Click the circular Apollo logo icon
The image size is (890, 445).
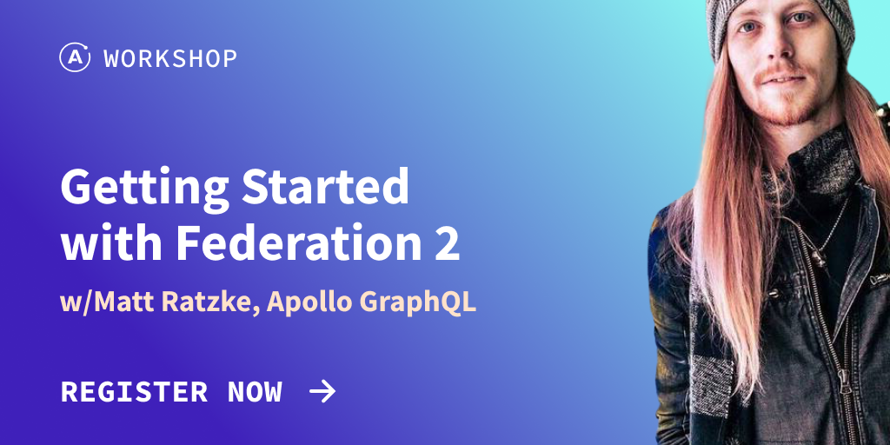click(75, 58)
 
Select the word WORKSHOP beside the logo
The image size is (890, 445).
click(170, 58)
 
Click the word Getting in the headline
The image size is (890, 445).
click(145, 189)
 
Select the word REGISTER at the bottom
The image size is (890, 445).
click(134, 392)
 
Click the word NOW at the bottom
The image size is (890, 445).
click(255, 392)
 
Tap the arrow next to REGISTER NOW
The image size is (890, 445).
click(322, 392)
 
